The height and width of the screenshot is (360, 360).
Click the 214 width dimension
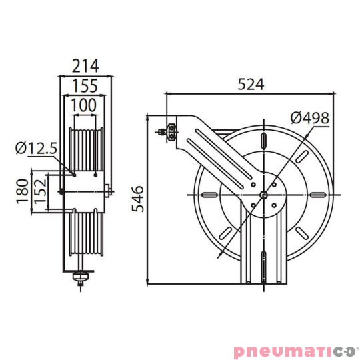[85, 65]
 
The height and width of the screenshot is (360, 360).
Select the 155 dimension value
[85, 86]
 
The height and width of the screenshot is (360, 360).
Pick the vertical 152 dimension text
[39, 192]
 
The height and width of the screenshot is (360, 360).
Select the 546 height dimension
[137, 198]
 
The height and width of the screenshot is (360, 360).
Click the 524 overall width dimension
[251, 85]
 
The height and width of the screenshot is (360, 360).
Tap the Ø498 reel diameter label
[309, 118]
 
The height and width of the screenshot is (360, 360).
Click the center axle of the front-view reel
[265, 195]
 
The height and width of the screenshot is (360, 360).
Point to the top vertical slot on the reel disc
[265, 138]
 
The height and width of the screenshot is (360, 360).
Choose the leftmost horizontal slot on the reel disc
[208, 195]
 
